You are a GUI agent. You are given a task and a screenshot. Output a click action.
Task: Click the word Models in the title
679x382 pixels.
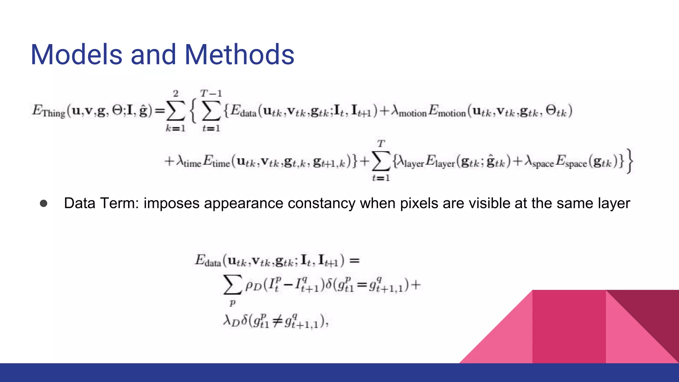77,55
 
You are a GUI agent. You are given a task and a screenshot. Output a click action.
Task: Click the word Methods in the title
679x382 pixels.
239,55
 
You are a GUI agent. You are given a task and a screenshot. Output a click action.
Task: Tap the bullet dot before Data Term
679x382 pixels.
43,203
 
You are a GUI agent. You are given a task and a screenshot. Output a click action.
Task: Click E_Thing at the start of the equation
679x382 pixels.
48,111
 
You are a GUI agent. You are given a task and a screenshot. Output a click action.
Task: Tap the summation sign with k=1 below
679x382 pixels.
175,111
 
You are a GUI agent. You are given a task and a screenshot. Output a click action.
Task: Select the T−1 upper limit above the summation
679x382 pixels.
211,94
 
